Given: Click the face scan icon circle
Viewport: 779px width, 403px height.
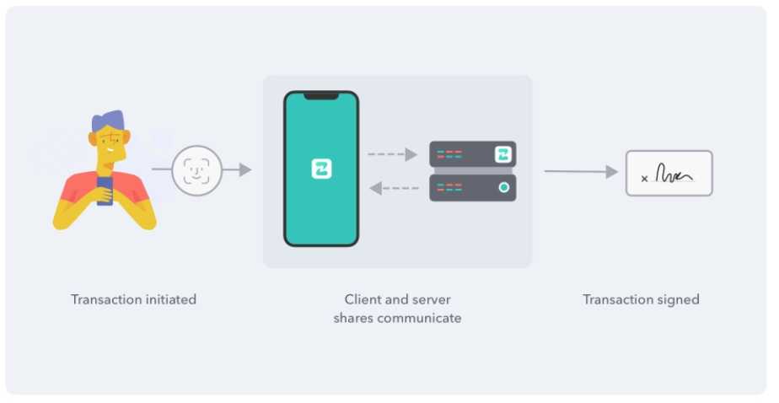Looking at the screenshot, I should [196, 170].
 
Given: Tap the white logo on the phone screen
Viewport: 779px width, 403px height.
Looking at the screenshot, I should [321, 169].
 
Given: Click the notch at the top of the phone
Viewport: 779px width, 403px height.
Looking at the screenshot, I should [320, 96].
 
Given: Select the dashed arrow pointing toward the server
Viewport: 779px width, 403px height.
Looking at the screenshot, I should [393, 154].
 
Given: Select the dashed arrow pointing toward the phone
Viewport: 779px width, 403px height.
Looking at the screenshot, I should [394, 188].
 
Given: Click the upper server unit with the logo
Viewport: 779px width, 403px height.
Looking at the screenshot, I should [472, 154].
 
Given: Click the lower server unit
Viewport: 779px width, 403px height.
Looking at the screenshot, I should [472, 187].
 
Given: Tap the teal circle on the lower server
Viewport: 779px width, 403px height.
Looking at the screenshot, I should [503, 187].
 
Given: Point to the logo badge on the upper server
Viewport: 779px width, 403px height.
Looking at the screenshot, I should [503, 154].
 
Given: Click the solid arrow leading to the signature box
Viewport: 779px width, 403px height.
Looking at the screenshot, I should [581, 172].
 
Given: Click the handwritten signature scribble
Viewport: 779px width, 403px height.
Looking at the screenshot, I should [674, 175].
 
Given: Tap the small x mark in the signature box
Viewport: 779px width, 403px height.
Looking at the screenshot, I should [645, 179].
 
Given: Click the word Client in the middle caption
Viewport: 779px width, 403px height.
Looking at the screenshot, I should [363, 299].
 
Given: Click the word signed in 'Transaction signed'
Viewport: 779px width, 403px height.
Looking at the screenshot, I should [680, 299].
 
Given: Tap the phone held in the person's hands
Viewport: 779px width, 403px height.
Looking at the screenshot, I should [105, 191].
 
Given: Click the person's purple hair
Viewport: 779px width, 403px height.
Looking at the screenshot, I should [107, 122].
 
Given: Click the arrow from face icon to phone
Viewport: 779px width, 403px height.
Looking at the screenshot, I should [238, 170].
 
